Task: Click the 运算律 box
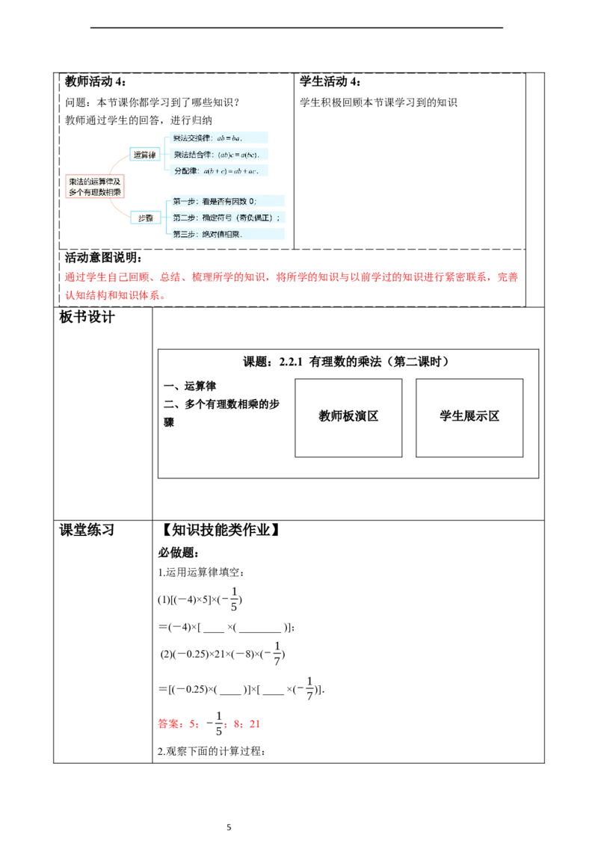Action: click(x=145, y=155)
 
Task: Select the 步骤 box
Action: click(x=145, y=217)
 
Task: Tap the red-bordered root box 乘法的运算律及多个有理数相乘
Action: click(x=94, y=187)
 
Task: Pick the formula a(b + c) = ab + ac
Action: click(x=230, y=171)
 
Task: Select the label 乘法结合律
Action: click(x=193, y=155)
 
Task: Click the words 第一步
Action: click(x=184, y=202)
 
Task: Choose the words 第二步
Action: click(x=184, y=217)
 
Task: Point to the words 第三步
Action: click(x=184, y=234)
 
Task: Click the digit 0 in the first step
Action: click(x=252, y=202)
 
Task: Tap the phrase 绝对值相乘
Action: click(x=221, y=234)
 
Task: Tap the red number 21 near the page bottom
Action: click(x=256, y=723)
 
